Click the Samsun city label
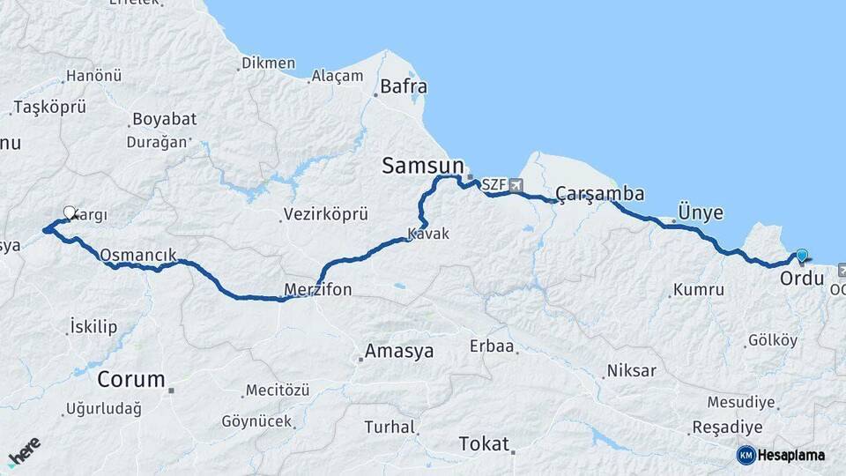(422, 166)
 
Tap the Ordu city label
(802, 279)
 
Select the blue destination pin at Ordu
(801, 257)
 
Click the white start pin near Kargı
(70, 212)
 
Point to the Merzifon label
(318, 289)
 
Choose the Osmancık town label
(138, 255)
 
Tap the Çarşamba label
(599, 194)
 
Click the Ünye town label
(701, 212)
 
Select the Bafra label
(403, 86)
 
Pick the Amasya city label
(400, 351)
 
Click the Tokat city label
(484, 443)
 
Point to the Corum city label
(131, 380)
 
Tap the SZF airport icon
(516, 185)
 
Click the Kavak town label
(428, 234)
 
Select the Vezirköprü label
(325, 214)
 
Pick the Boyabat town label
(164, 119)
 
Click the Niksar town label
(631, 370)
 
